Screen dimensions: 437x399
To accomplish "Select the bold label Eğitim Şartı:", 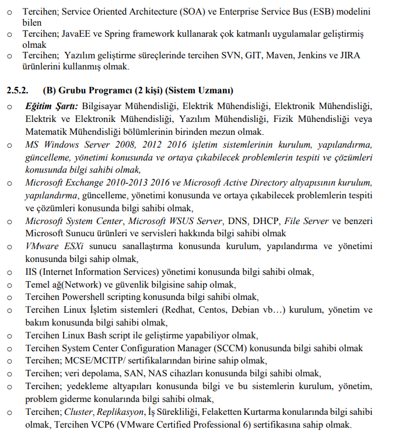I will [51, 107].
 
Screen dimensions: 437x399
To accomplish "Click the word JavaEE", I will [75, 34].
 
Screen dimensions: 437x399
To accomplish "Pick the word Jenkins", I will [314, 56].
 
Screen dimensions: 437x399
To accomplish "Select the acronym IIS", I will [31, 271].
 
